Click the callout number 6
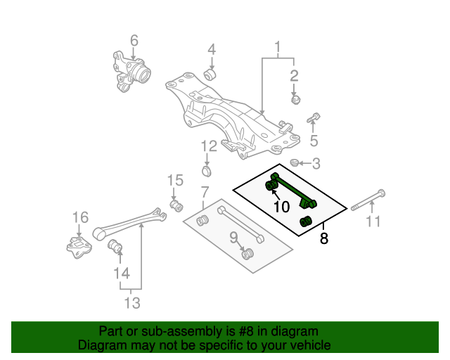pyautogui.click(x=134, y=41)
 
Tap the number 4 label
pyautogui.click(x=212, y=49)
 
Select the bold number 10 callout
pyautogui.click(x=281, y=207)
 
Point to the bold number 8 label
pyautogui.click(x=324, y=238)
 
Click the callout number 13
pyautogui.click(x=132, y=303)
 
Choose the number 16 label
pyautogui.click(x=80, y=217)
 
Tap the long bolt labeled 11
pyautogui.click(x=368, y=200)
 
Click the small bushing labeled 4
pyautogui.click(x=210, y=75)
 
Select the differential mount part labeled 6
pyautogui.click(x=132, y=72)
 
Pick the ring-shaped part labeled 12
pyautogui.click(x=206, y=171)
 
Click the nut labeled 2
pyautogui.click(x=295, y=100)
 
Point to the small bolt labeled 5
pyautogui.click(x=314, y=118)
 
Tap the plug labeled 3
pyautogui.click(x=294, y=163)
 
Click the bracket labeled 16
pyautogui.click(x=79, y=247)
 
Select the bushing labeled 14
pyautogui.click(x=115, y=246)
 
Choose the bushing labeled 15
pyautogui.click(x=176, y=206)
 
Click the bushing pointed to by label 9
pyautogui.click(x=247, y=254)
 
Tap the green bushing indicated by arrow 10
pyautogui.click(x=271, y=186)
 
